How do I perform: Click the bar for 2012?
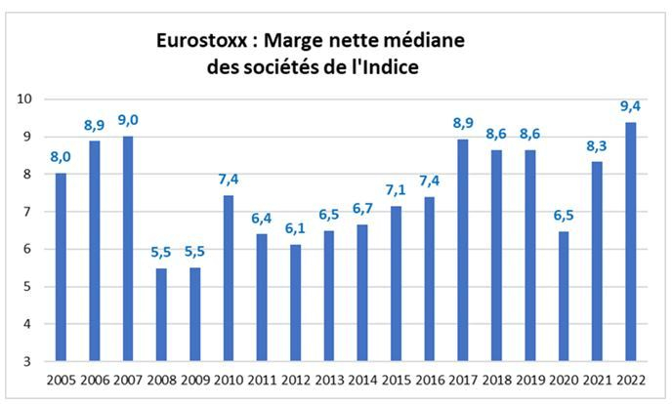[x=295, y=303]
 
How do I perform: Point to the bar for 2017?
[x=463, y=250]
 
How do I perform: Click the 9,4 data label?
[x=630, y=105]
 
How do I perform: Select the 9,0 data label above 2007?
[x=127, y=120]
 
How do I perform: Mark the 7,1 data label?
[x=396, y=190]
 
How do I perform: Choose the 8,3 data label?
[x=597, y=145]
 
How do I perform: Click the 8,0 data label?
[x=61, y=157]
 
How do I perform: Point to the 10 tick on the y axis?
[x=25, y=100]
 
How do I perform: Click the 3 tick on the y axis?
[x=28, y=361]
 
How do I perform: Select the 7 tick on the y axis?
[x=28, y=212]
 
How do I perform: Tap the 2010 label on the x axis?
[x=228, y=380]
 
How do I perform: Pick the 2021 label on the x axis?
[x=597, y=380]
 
